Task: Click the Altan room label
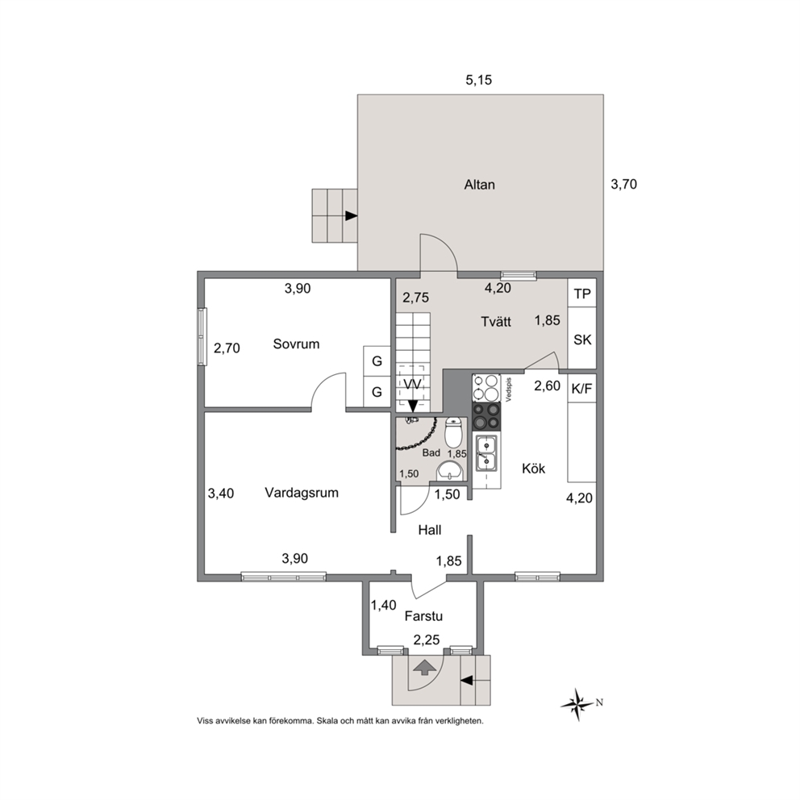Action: pyautogui.click(x=479, y=184)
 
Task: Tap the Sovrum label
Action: pyautogui.click(x=296, y=344)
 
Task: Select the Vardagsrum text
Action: pyautogui.click(x=302, y=493)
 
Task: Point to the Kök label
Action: pyautogui.click(x=533, y=468)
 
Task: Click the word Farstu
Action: pyautogui.click(x=423, y=616)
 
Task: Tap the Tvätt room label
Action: pyautogui.click(x=496, y=322)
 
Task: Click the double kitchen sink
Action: pyautogui.click(x=486, y=453)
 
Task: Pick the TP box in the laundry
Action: pyautogui.click(x=582, y=294)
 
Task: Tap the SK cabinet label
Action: pyautogui.click(x=582, y=340)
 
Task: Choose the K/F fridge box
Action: pyautogui.click(x=582, y=389)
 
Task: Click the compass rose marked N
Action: pyautogui.click(x=578, y=705)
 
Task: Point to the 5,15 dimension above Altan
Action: pyautogui.click(x=478, y=80)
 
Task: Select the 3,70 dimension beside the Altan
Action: pyautogui.click(x=624, y=184)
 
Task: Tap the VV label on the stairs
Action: pyautogui.click(x=412, y=384)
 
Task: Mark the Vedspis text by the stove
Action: pyautogui.click(x=509, y=390)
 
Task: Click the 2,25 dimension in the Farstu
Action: pyautogui.click(x=427, y=640)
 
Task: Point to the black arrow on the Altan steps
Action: pyautogui.click(x=351, y=216)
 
